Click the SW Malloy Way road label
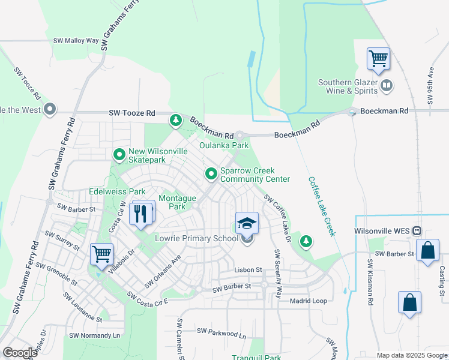pos(76,41)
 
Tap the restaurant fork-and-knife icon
pos(141,213)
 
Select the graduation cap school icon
pos(247,224)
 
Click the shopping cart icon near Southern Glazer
pos(378,59)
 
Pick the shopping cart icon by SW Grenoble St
pos(101,253)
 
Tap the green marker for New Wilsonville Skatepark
pos(119,155)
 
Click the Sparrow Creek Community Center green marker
pos(211,174)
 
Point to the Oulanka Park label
pos(224,146)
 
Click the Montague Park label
pos(177,202)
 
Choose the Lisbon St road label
pos(249,271)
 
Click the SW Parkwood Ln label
pos(222,331)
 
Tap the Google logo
pos(20,353)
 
